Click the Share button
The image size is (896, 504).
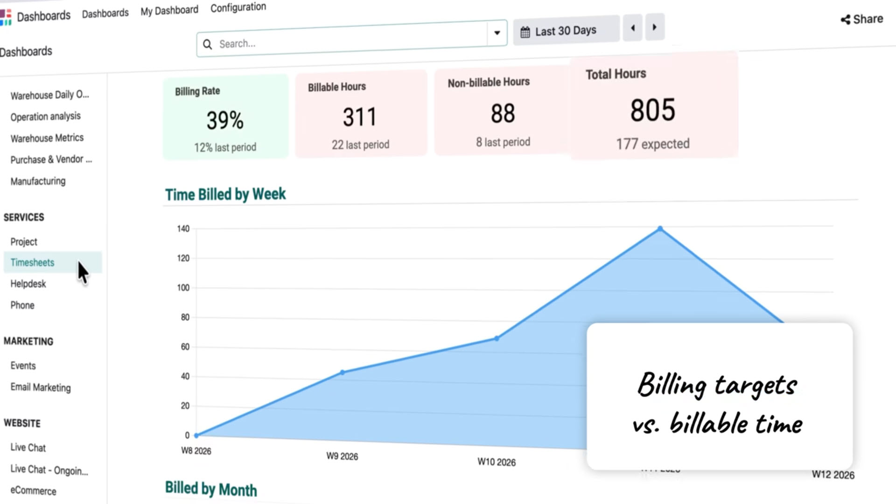(862, 19)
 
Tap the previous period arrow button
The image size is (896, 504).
(633, 28)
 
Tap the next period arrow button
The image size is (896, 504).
(654, 27)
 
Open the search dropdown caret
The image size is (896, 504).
(497, 33)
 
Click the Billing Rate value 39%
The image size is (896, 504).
(225, 120)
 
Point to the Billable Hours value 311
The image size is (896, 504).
(359, 117)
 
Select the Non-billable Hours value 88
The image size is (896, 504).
(503, 113)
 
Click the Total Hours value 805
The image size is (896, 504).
(652, 110)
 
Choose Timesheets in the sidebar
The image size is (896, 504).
(33, 262)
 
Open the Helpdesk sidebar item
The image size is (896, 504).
(28, 284)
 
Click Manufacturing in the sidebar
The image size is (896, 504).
(38, 181)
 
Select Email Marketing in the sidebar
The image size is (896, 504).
(41, 387)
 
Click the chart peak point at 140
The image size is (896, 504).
(660, 229)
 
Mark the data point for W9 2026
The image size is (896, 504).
(343, 372)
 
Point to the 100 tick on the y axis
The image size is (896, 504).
(183, 287)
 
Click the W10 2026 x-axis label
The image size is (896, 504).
(497, 462)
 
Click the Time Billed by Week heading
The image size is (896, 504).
(225, 194)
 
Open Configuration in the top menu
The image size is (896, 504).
(238, 7)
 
